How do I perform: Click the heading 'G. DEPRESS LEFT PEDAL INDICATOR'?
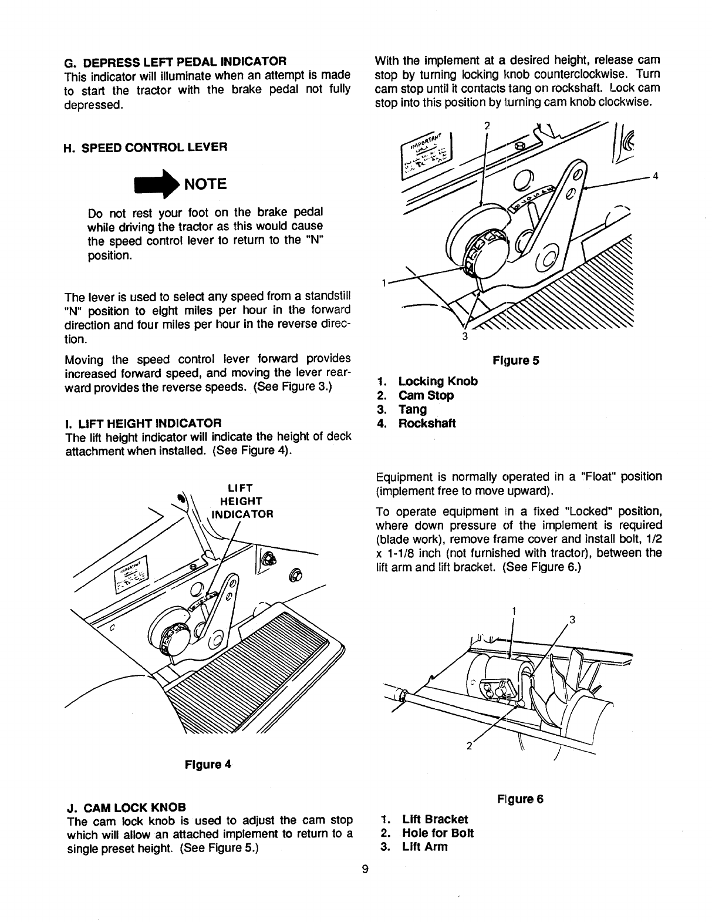pyautogui.click(x=174, y=61)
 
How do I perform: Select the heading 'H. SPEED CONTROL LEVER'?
pyautogui.click(x=145, y=147)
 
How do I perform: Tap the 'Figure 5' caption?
pyautogui.click(x=516, y=361)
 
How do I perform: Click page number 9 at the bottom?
pyautogui.click(x=365, y=870)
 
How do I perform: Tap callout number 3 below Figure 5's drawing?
pyautogui.click(x=464, y=337)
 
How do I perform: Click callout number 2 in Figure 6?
pyautogui.click(x=469, y=746)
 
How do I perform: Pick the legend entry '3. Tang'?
pyautogui.click(x=402, y=409)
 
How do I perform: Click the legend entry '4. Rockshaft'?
pyautogui.click(x=416, y=423)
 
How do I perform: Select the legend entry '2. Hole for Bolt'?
pyautogui.click(x=427, y=833)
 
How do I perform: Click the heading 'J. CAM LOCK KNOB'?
pyautogui.click(x=127, y=805)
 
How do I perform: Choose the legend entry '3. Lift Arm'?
pyautogui.click(x=414, y=847)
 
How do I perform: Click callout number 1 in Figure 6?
pyautogui.click(x=514, y=611)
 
